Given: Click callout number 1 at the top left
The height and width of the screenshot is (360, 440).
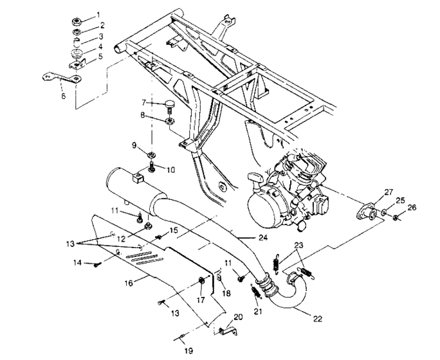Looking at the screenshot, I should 98,14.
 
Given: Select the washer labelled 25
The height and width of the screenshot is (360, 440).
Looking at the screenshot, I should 383,212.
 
